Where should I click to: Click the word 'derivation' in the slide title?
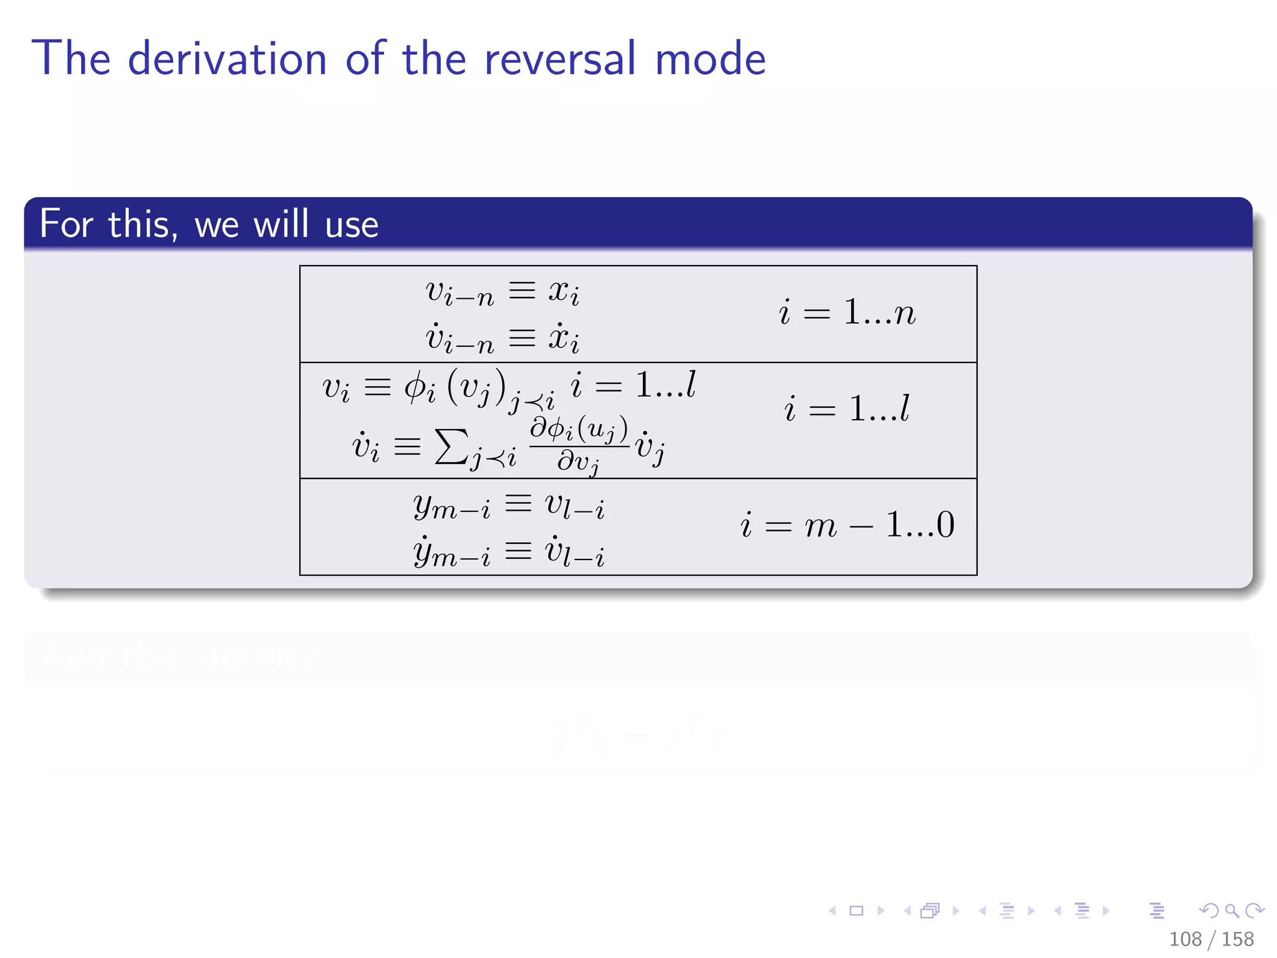[x=227, y=58]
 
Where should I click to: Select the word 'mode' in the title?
[x=710, y=58]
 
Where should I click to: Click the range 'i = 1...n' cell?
[x=847, y=312]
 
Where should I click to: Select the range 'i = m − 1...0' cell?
[x=847, y=525]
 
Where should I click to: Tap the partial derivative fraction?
[x=579, y=445]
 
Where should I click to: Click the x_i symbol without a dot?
[x=564, y=292]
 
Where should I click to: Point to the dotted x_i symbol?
[x=564, y=339]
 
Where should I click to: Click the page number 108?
[x=1185, y=939]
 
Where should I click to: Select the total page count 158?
[x=1238, y=939]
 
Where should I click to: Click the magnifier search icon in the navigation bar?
[x=1231, y=911]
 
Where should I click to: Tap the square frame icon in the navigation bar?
[x=857, y=911]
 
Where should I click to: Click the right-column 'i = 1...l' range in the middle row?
[x=847, y=409]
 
